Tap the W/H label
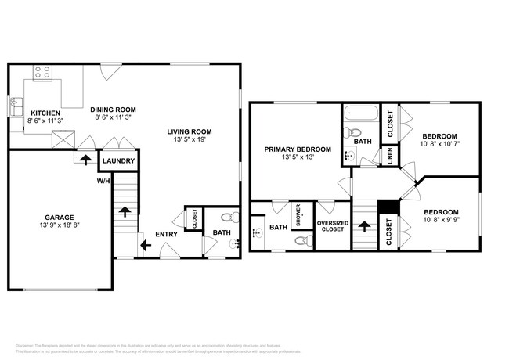tap(103, 181)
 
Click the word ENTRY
tap(166, 234)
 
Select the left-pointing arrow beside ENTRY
tap(146, 246)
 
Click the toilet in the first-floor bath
tap(226, 218)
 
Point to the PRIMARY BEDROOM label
tap(297, 149)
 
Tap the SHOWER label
tap(298, 214)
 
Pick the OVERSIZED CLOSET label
tap(332, 226)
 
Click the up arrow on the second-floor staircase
tap(364, 228)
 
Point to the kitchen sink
tap(15, 103)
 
